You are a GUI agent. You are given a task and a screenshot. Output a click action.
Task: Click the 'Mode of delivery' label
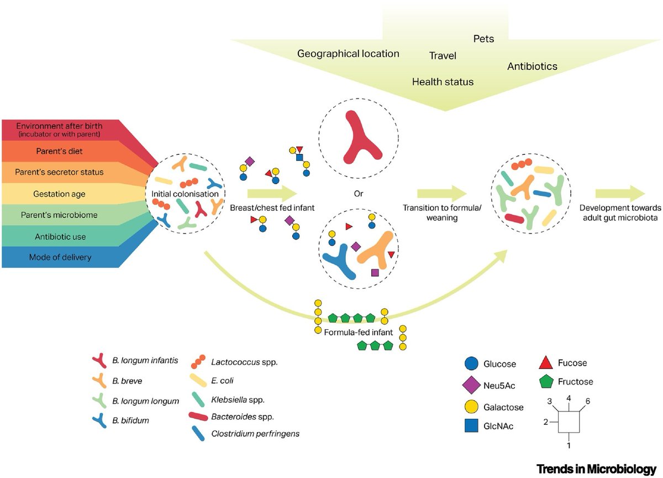[60, 257]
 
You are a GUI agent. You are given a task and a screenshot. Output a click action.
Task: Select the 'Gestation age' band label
[59, 194]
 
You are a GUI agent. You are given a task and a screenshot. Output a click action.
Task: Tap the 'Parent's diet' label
[59, 151]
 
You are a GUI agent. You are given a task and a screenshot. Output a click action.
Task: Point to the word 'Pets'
[483, 39]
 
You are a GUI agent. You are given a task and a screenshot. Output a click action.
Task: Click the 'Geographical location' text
[348, 54]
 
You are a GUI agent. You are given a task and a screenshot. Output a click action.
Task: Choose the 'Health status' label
[443, 82]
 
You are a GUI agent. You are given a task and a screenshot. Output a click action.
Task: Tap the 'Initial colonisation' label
[185, 194]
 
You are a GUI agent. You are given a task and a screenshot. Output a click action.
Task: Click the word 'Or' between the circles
[359, 194]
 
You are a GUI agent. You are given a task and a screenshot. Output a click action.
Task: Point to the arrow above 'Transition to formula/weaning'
[442, 194]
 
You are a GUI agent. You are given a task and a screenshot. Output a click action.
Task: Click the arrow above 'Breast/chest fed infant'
[272, 194]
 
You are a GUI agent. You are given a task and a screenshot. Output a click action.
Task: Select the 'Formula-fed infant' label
[359, 332]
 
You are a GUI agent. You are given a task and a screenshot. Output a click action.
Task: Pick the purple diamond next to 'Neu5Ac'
[471, 385]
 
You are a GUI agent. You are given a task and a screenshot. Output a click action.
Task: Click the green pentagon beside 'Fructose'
[546, 381]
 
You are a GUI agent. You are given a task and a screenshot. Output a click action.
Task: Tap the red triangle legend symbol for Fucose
[546, 363]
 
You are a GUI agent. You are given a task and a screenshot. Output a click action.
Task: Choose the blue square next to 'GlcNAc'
[471, 425]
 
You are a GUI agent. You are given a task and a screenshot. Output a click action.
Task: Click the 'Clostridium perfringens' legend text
[255, 434]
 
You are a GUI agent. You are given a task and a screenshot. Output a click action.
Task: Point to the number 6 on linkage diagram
[588, 401]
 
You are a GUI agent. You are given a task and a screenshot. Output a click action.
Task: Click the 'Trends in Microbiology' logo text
[596, 469]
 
